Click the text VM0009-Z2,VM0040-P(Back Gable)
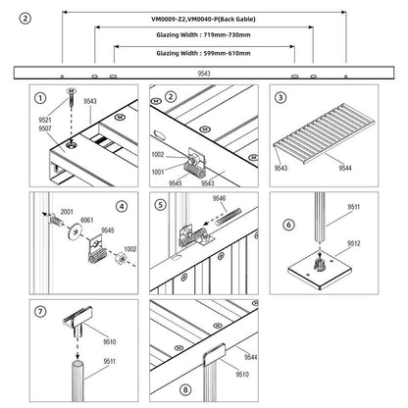[x=201, y=18]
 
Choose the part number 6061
[x=87, y=221]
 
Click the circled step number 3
[x=280, y=98]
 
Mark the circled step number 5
[x=160, y=205]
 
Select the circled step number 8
[x=160, y=389]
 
